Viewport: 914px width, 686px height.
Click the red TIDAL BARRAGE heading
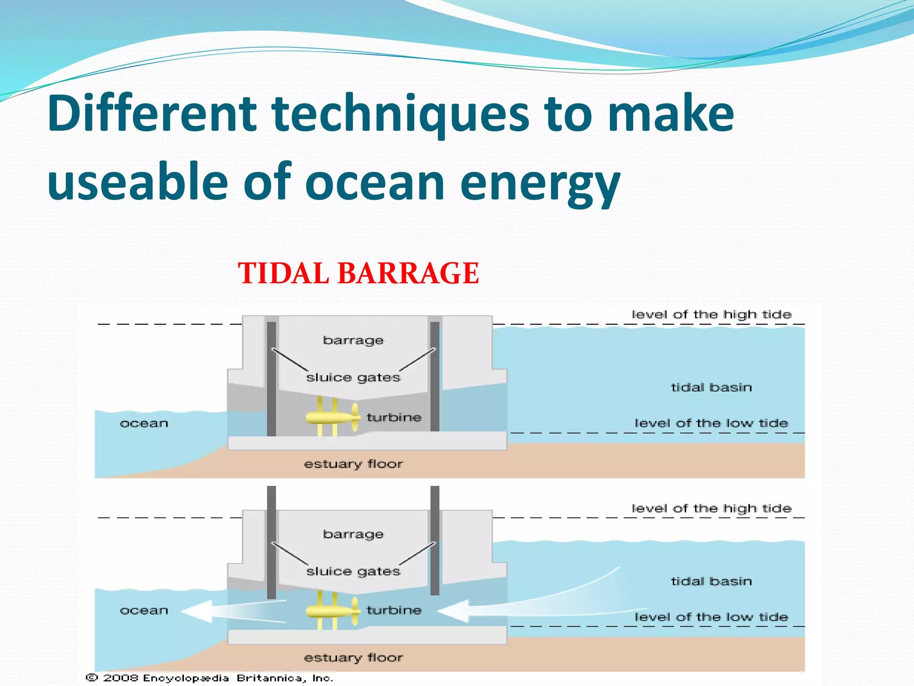[358, 273]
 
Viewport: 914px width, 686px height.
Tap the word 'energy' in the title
[540, 182]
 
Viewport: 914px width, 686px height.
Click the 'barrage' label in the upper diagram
[353, 340]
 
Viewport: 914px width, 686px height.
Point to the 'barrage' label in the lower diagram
[353, 534]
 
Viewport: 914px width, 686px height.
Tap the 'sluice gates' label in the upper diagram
[353, 378]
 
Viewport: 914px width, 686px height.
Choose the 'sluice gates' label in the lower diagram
[353, 572]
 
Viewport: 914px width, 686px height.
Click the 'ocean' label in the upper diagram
[144, 423]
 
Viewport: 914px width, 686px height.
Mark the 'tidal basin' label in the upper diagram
[711, 387]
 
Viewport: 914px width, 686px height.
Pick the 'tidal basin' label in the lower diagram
[711, 581]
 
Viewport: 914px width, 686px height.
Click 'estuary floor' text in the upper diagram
[353, 464]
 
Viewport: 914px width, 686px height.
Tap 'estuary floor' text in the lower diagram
[353, 657]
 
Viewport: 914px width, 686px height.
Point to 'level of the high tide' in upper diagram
[711, 314]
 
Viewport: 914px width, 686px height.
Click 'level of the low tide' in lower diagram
[711, 617]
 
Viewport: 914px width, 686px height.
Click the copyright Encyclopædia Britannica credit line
[210, 678]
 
